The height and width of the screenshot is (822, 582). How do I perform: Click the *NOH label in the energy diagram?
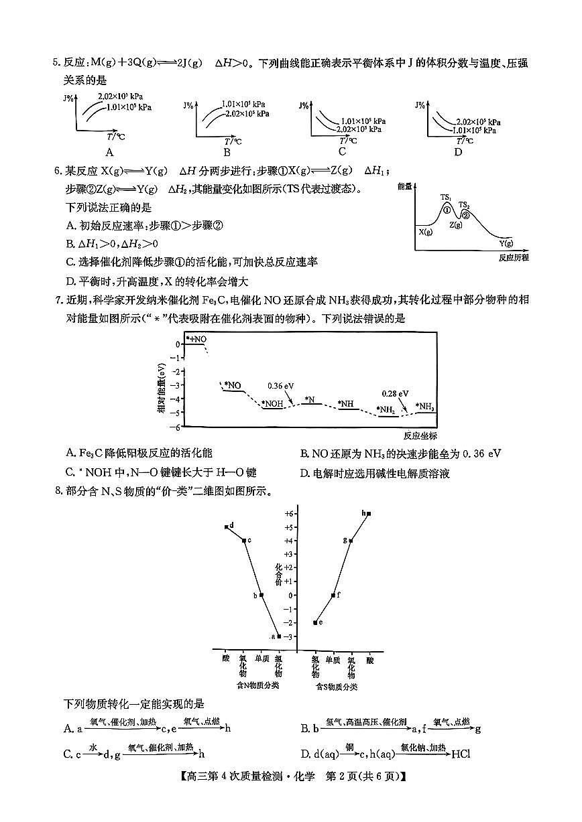(x=273, y=404)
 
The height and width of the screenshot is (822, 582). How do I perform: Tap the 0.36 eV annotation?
(x=280, y=386)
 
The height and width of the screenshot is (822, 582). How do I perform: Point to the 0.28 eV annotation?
(x=395, y=393)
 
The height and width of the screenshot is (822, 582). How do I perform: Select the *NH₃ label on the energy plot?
(x=424, y=406)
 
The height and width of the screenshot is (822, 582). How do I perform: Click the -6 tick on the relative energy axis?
(x=177, y=427)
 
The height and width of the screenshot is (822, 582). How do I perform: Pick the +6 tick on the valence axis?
(x=289, y=513)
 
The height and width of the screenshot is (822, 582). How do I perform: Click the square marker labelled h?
(x=369, y=514)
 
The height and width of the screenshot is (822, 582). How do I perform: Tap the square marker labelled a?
(x=279, y=636)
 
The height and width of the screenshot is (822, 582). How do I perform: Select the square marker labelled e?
(x=315, y=622)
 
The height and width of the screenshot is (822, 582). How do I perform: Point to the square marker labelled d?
(x=227, y=527)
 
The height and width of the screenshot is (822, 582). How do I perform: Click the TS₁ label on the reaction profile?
(x=446, y=197)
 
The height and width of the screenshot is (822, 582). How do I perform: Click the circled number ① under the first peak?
(x=447, y=210)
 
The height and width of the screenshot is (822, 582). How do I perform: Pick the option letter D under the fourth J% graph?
(x=458, y=151)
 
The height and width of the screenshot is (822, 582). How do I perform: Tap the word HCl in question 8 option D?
(x=461, y=754)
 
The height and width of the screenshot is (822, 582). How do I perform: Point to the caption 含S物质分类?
(x=337, y=687)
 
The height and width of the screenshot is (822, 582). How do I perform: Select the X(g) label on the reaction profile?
(x=425, y=232)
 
